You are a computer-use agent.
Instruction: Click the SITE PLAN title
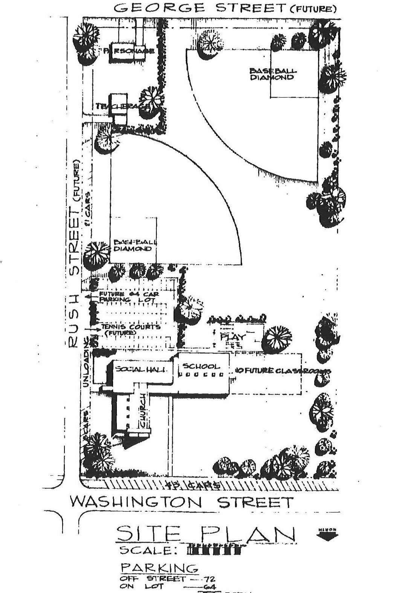tap(205, 534)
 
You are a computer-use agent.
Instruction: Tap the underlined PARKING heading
tap(159, 568)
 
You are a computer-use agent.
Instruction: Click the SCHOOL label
tap(201, 366)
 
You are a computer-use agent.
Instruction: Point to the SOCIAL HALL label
tap(141, 369)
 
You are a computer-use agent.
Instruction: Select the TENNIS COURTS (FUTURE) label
tap(130, 329)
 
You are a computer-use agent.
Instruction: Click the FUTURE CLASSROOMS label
tap(283, 370)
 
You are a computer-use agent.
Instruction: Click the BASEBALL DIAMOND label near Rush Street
tap(133, 245)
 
